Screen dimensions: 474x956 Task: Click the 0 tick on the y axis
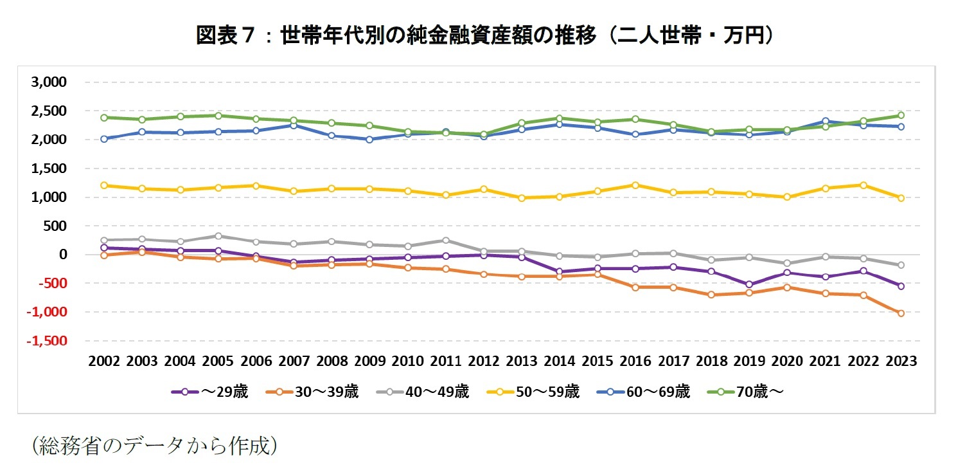(62, 255)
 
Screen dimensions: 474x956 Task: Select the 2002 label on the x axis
(105, 361)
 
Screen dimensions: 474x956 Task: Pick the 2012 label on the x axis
(484, 361)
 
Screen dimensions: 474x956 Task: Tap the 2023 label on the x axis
(900, 361)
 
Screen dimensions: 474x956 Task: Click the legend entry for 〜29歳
(209, 392)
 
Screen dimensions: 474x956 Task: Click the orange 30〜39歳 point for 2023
(901, 313)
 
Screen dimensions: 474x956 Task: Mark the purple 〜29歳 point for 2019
(749, 284)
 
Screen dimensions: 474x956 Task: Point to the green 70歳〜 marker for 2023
(901, 116)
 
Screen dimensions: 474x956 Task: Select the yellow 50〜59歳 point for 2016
(635, 185)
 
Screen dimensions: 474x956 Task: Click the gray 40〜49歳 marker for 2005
(218, 236)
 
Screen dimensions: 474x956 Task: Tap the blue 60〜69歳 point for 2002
(105, 138)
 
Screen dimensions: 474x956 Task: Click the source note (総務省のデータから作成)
(154, 446)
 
